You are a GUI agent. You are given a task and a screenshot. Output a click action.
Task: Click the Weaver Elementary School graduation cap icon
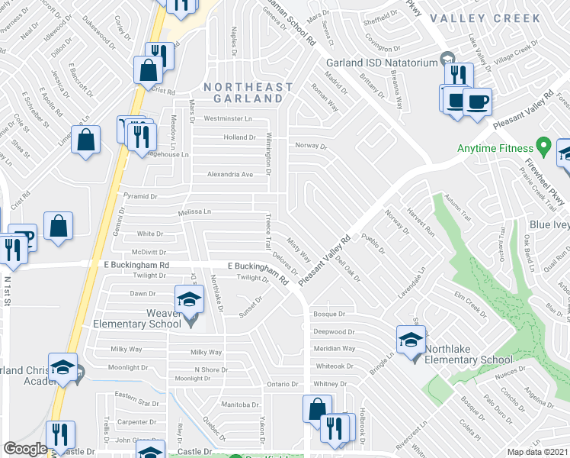[x=190, y=298]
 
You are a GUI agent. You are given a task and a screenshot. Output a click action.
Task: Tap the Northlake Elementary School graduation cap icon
[x=411, y=338]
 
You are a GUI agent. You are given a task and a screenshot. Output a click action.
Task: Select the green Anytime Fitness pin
[x=543, y=144]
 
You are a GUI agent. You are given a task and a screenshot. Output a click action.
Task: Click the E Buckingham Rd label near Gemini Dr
[x=137, y=265]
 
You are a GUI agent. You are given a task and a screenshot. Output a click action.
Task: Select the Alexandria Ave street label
[x=230, y=174]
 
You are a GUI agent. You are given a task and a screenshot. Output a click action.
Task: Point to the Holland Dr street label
[x=239, y=137]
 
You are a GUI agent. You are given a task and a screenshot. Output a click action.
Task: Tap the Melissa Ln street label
[x=194, y=211]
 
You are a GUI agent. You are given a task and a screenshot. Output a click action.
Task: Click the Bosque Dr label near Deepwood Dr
[x=329, y=314]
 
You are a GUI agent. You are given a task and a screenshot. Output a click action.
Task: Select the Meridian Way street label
[x=335, y=348]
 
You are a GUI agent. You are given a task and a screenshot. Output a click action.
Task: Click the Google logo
[x=25, y=449]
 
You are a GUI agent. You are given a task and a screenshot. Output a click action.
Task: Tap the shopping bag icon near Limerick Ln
[x=87, y=140]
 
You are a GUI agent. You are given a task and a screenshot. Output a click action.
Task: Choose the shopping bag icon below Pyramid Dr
[x=59, y=227]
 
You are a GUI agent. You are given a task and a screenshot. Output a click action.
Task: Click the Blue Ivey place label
[x=549, y=225]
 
